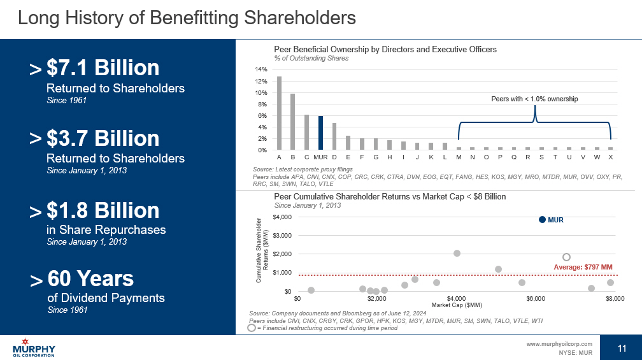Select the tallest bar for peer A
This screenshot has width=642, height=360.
point(279,113)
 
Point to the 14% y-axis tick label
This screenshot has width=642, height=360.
point(261,69)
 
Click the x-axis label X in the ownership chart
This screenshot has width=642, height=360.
point(611,156)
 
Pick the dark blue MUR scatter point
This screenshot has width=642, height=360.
point(543,220)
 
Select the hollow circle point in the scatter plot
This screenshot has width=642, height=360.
point(566,257)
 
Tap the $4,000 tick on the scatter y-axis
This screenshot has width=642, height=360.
point(283,217)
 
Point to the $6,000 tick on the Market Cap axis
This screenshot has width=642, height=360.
point(536,298)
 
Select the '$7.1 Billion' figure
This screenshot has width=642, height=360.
point(103,69)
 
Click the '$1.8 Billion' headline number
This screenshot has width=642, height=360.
point(103,211)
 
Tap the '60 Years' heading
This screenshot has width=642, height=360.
point(90,279)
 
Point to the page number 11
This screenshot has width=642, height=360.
point(622,347)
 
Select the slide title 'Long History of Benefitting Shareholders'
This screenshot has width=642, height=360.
point(187,18)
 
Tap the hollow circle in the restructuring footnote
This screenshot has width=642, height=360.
point(252,328)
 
